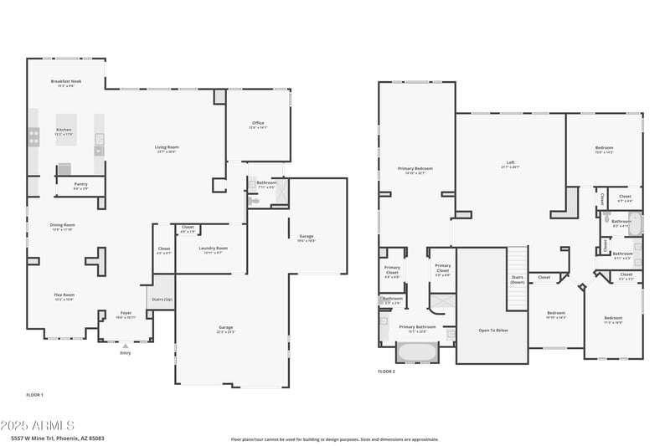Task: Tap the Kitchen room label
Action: click(x=64, y=130)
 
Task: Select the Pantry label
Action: click(x=80, y=184)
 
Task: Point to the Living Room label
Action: click(x=167, y=147)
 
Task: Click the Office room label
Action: click(x=258, y=124)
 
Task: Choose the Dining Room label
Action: click(x=63, y=224)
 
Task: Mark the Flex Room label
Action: click(x=64, y=295)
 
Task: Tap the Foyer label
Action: click(x=125, y=313)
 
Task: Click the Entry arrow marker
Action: click(x=126, y=345)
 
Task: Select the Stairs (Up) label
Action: click(x=162, y=298)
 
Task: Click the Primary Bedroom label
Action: click(x=415, y=169)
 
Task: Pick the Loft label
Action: click(x=510, y=163)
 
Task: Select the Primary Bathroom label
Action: click(x=417, y=327)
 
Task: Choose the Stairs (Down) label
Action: click(x=517, y=280)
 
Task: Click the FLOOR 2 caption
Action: click(x=386, y=371)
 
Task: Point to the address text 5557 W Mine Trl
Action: click(x=45, y=438)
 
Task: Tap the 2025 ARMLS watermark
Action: click(x=38, y=426)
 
